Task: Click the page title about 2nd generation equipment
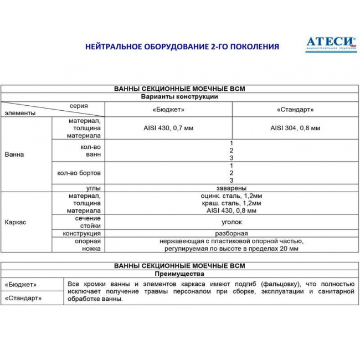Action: tap(182, 47)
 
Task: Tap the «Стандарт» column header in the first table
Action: tap(295, 110)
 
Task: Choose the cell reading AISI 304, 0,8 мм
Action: tap(295, 128)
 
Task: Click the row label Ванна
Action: tap(14, 155)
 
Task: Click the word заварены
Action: tap(232, 188)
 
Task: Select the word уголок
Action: tap(232, 222)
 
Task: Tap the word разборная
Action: tap(232, 234)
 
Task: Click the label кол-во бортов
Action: tap(79, 173)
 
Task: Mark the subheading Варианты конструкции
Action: tap(179, 97)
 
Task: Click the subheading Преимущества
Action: tap(179, 274)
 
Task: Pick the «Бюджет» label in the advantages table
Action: tap(20, 284)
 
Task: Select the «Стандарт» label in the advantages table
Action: tap(23, 298)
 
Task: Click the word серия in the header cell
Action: tap(78, 105)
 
